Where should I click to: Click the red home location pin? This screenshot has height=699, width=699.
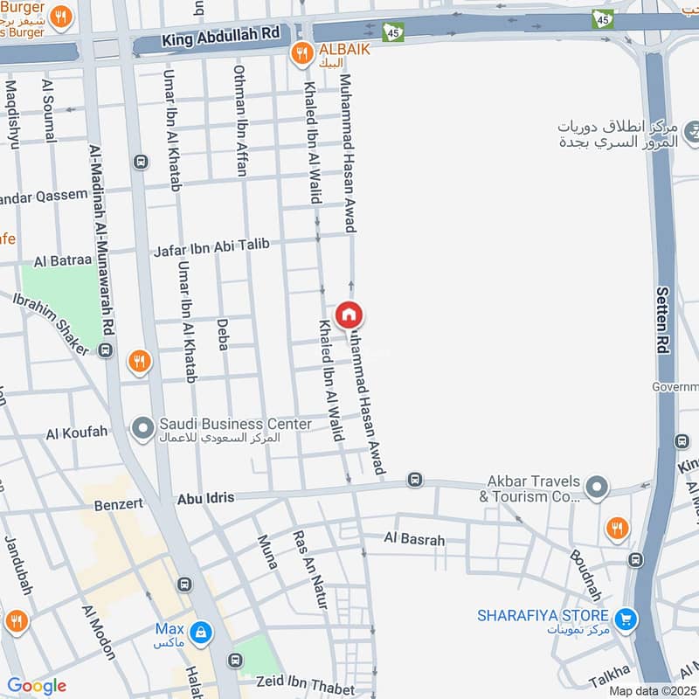pyautogui.click(x=349, y=315)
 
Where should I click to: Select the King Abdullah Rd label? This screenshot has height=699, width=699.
pyautogui.click(x=220, y=36)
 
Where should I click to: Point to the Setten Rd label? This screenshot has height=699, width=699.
pyautogui.click(x=663, y=320)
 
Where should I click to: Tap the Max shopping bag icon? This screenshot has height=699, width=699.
pyautogui.click(x=201, y=631)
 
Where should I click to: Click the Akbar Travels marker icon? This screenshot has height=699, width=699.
pyautogui.click(x=597, y=487)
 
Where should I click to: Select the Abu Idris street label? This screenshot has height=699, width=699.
pyautogui.click(x=206, y=498)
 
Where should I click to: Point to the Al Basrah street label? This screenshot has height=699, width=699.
pyautogui.click(x=414, y=540)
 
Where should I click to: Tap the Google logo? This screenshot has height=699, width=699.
pyautogui.click(x=37, y=686)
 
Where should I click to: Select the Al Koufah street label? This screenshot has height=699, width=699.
pyautogui.click(x=77, y=433)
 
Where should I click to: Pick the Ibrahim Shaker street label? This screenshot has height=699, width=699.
pyautogui.click(x=51, y=322)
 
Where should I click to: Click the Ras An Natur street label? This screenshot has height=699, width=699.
pyautogui.click(x=309, y=569)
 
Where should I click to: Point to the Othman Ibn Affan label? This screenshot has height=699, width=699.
pyautogui.click(x=240, y=121)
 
